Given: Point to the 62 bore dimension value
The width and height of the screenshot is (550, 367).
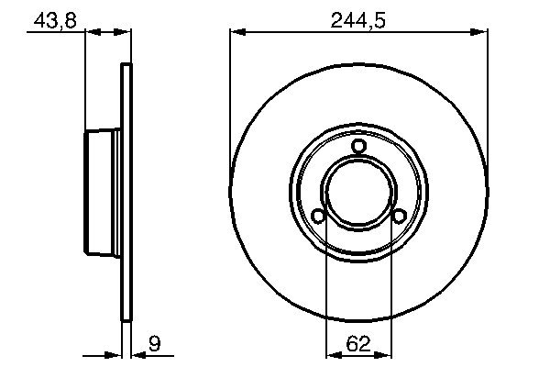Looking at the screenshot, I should tap(358, 345).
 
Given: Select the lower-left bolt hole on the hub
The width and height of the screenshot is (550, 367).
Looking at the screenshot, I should tap(318, 217).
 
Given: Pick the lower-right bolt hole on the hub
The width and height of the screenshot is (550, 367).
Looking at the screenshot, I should tap(400, 217).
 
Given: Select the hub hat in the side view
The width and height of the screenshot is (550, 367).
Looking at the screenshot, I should tap(101, 193).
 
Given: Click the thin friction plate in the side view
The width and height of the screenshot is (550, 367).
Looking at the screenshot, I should tap(127, 193).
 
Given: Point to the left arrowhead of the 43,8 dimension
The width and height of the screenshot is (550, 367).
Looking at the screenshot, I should tap(90, 32).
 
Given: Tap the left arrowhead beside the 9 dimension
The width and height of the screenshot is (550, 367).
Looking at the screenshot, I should tap(116, 352).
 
